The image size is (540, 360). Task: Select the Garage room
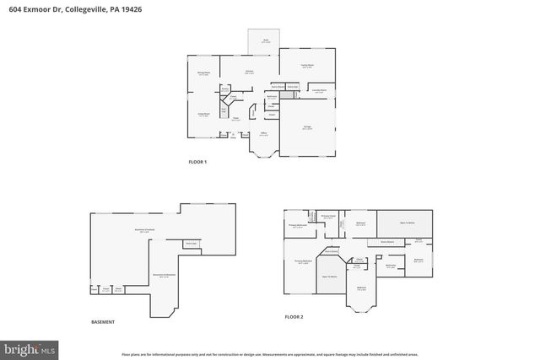[x=308, y=127]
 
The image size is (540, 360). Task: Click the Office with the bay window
[x=265, y=136]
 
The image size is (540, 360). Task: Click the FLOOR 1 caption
[x=197, y=161]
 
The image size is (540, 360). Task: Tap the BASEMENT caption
[x=103, y=322]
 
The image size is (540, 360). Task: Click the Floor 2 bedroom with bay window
[x=361, y=290]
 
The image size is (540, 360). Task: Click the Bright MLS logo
[x=30, y=347]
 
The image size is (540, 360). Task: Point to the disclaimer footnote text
[x=270, y=355]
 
